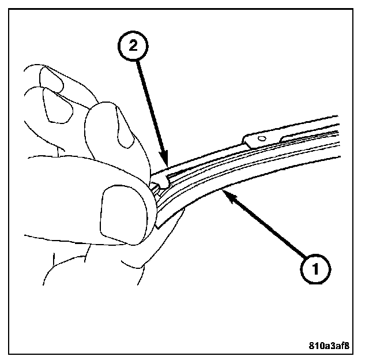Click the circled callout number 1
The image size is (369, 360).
(312, 268)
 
